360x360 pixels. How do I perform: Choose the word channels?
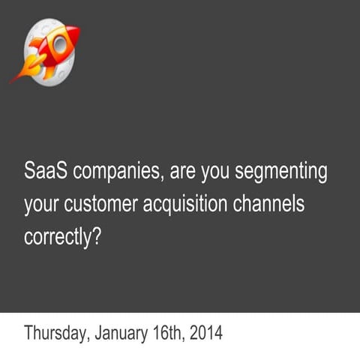pyautogui.click(x=277, y=203)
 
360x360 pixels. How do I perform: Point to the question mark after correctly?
pyautogui.click(x=97, y=235)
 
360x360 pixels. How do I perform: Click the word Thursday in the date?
pyautogui.click(x=55, y=332)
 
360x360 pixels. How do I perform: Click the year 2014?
pyautogui.click(x=207, y=331)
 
